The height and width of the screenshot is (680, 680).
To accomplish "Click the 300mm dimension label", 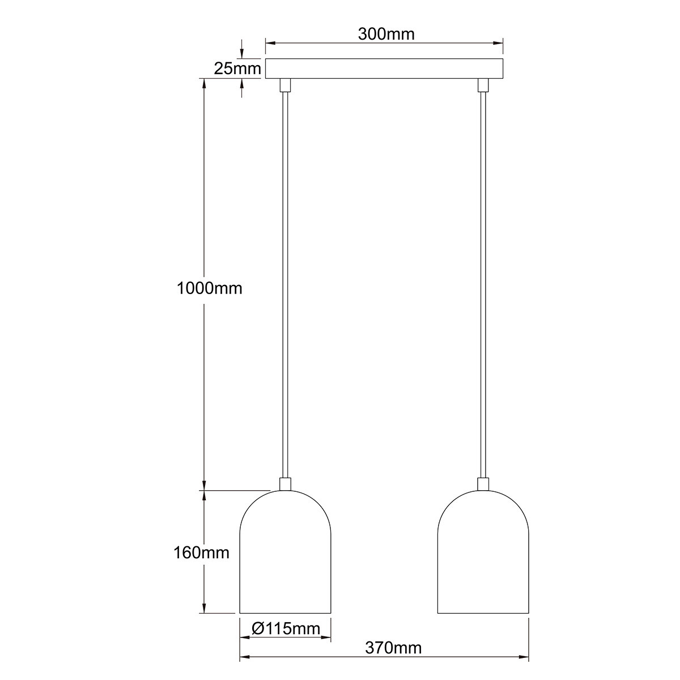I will click(x=386, y=34).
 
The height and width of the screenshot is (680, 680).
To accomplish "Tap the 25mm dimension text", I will click(x=237, y=69).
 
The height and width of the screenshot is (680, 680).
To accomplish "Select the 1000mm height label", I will click(x=209, y=288).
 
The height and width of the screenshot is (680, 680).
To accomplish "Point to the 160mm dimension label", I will click(x=202, y=552).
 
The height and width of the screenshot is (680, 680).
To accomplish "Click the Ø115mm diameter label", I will click(x=285, y=628).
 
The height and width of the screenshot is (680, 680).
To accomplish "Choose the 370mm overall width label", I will click(x=393, y=648).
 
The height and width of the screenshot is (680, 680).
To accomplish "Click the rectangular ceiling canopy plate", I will click(x=384, y=69).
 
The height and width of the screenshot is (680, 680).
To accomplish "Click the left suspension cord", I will click(x=285, y=283).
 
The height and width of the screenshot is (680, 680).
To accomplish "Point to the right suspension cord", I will click(x=483, y=283).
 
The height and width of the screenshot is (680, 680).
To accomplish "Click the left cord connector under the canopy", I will click(x=285, y=84).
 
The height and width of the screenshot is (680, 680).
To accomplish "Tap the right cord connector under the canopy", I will click(x=483, y=84).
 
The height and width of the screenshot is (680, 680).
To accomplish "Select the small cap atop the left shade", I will click(x=285, y=484).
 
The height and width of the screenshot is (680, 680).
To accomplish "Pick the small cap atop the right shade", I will click(x=483, y=484).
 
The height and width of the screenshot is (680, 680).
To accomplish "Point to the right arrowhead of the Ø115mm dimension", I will click(x=326, y=638).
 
